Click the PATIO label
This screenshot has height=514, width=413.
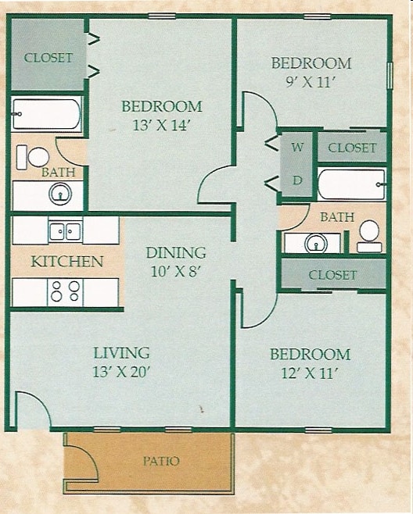[160, 461]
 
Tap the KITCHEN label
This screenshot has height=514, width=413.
[66, 261]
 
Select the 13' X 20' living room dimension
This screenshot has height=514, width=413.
[121, 372]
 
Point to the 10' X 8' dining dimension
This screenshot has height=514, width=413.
[176, 272]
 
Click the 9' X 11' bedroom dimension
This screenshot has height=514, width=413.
[311, 82]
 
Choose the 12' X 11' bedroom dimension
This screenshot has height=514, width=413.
[309, 373]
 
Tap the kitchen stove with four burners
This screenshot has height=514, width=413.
[66, 292]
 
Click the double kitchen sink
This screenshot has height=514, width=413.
[65, 230]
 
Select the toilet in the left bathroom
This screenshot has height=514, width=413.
[37, 156]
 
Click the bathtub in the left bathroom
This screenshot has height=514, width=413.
[46, 114]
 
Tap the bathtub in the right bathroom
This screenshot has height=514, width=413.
[351, 185]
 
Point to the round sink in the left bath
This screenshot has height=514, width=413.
[59, 194]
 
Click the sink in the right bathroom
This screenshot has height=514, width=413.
[314, 244]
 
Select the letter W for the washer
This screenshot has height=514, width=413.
[297, 147]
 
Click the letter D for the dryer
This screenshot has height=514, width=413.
[297, 180]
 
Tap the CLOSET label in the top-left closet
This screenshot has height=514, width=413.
[48, 58]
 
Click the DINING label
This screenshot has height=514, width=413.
[176, 252]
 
